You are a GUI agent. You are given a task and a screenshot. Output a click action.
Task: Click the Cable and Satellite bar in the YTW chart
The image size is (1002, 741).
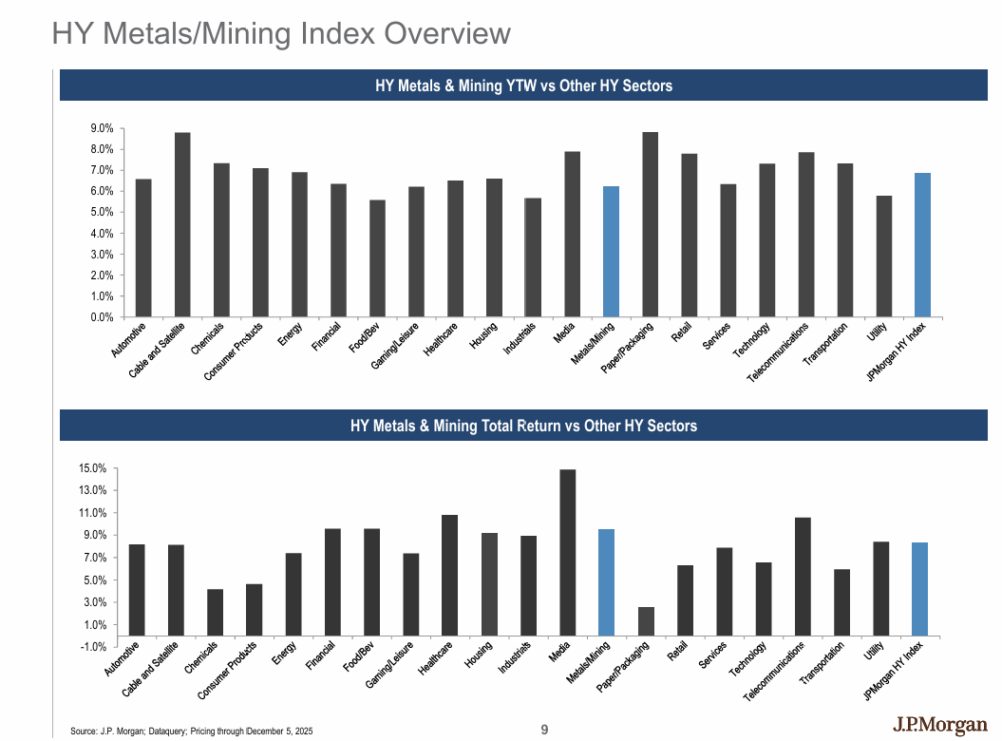(182, 224)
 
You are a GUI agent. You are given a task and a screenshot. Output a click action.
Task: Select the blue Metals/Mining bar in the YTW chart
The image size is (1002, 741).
(612, 251)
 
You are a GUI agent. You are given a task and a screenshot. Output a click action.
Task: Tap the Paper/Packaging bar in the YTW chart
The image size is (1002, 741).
(651, 224)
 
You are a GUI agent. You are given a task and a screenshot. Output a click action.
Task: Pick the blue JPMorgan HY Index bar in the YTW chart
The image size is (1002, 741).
(923, 244)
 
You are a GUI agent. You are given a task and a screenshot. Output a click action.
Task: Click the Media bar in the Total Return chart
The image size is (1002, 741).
(568, 552)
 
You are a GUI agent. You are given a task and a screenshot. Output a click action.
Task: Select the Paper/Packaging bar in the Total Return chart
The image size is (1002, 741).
(646, 621)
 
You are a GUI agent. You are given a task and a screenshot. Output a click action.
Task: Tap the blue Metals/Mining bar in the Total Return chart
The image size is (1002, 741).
(606, 582)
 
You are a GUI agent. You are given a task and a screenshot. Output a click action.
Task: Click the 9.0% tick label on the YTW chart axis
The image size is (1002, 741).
(102, 128)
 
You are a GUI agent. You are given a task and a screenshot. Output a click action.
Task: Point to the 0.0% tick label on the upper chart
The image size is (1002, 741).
(102, 317)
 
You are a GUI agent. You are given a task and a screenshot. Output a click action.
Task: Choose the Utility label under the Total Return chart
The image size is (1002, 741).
(875, 655)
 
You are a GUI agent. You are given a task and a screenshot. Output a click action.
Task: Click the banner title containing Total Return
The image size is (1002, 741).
(523, 426)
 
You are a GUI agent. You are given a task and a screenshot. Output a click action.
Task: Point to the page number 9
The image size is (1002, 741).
(544, 730)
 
